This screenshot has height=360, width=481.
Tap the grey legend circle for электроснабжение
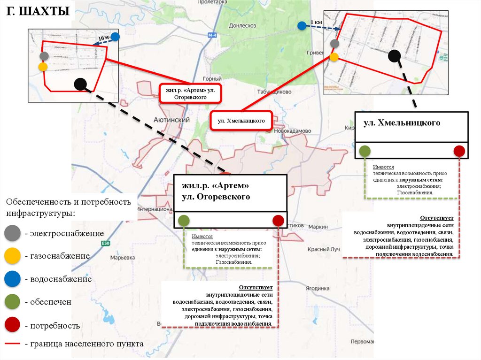point(12,233)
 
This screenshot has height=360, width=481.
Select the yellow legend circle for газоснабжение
point(12,256)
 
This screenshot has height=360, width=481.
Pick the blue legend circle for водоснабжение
point(12,279)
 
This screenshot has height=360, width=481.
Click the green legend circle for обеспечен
point(12,302)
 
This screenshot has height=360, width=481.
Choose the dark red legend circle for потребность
point(12,325)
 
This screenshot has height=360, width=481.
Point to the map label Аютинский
point(172,120)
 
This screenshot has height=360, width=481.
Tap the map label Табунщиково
point(275,92)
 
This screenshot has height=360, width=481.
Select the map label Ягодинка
point(318,288)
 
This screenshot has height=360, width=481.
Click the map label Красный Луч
point(324,249)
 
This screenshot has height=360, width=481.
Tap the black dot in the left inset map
point(80,84)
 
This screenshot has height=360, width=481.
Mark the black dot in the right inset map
point(395,56)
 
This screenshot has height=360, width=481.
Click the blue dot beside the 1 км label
point(302,26)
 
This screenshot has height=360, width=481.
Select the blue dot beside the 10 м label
point(115,37)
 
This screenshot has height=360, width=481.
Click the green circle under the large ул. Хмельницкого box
point(365,151)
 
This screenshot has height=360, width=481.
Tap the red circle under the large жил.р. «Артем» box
point(278,220)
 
